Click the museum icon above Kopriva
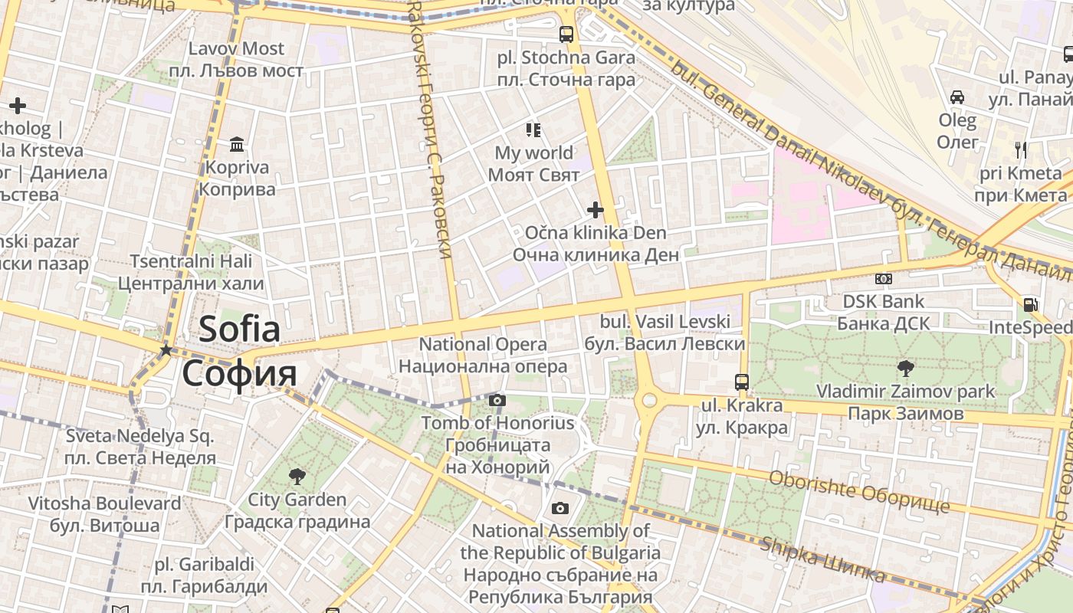tap(237, 145)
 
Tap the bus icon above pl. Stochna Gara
tap(566, 34)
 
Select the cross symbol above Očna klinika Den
tap(596, 209)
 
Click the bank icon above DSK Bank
tap(883, 280)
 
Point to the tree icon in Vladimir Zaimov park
tap(905, 368)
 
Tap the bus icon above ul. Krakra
tap(741, 382)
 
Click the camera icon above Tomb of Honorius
tap(497, 400)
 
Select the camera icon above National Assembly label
tap(560, 508)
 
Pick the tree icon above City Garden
tap(297, 477)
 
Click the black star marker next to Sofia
tap(166, 350)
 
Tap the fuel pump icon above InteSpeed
tap(1030, 305)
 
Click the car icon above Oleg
tap(957, 97)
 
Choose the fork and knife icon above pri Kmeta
tap(1020, 149)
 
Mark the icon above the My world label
tap(533, 130)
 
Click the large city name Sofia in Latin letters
tap(239, 329)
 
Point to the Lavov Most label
tap(236, 49)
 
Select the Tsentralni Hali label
tap(191, 261)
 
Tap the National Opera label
tap(483, 345)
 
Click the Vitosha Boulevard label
tap(105, 503)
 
